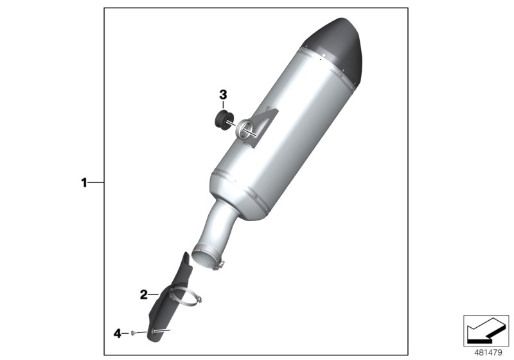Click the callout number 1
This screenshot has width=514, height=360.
click(84, 183)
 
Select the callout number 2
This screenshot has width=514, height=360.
click(144, 295)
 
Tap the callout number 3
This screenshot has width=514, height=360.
click(223, 95)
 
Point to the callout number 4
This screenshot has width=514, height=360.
click(117, 333)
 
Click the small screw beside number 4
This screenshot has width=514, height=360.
click(131, 333)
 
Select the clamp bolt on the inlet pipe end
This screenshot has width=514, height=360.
click(222, 264)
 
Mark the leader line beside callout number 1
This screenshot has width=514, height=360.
click(95, 183)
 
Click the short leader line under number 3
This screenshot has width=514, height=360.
click(223, 106)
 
